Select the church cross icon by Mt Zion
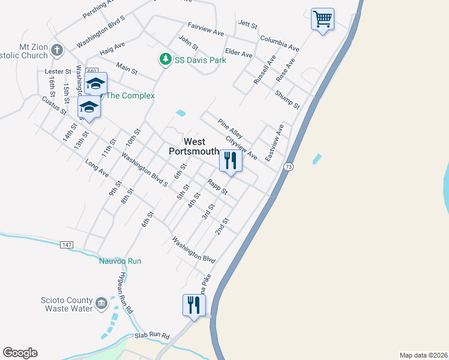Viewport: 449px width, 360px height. (x=57, y=50)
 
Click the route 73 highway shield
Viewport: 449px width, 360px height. (x=289, y=166)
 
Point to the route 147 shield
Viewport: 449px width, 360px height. (x=67, y=245)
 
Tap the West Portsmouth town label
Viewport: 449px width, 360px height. (x=193, y=146)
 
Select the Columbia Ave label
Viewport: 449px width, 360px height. (x=279, y=43)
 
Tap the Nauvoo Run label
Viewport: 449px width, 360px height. (x=120, y=261)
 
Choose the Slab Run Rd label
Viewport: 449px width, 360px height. (x=152, y=337)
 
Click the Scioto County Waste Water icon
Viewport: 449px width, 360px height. (x=101, y=303)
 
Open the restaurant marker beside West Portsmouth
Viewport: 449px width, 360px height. (x=230, y=160)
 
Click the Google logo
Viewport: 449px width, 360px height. (x=20, y=353)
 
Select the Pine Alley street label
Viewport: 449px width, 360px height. (x=230, y=128)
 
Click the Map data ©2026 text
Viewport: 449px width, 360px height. (x=423, y=355)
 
